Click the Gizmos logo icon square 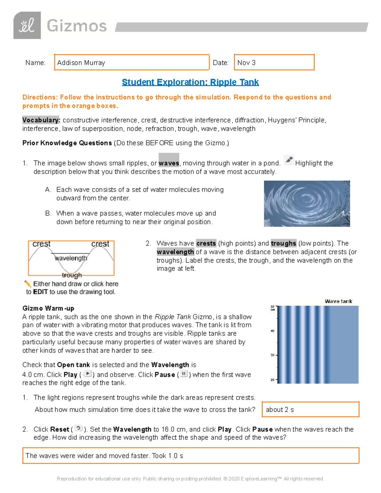(x=27, y=25)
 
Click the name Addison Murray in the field (x=81, y=63)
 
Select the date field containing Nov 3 (x=274, y=62)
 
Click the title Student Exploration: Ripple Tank (x=190, y=82)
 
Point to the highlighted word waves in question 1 (x=169, y=163)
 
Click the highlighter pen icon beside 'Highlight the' (x=289, y=160)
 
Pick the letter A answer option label (x=48, y=190)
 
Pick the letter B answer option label (x=48, y=213)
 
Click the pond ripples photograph (x=307, y=203)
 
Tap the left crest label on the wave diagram (x=42, y=244)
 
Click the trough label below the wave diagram (x=72, y=275)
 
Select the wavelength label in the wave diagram (x=71, y=258)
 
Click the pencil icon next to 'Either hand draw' (x=28, y=283)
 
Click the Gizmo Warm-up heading (x=48, y=308)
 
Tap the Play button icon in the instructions (x=87, y=374)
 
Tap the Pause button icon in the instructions (x=184, y=374)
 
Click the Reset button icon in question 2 (x=78, y=428)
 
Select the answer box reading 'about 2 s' (x=310, y=410)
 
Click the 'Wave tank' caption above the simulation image (x=338, y=301)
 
